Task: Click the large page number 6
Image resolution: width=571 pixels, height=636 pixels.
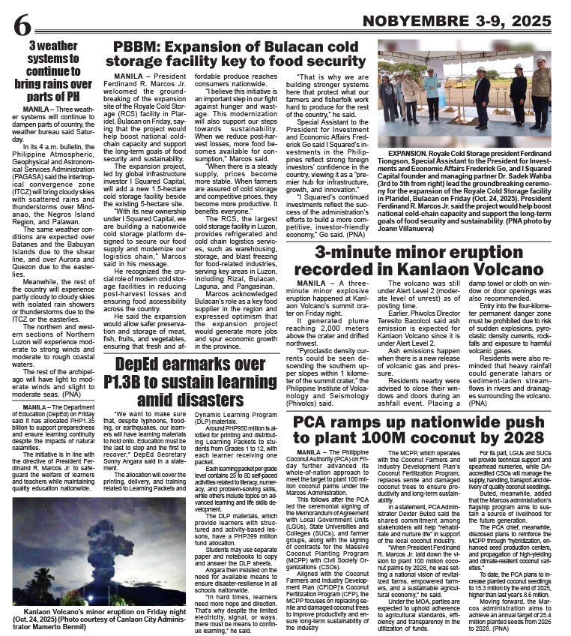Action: (22, 28)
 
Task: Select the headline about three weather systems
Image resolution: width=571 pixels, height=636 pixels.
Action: (57, 73)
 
